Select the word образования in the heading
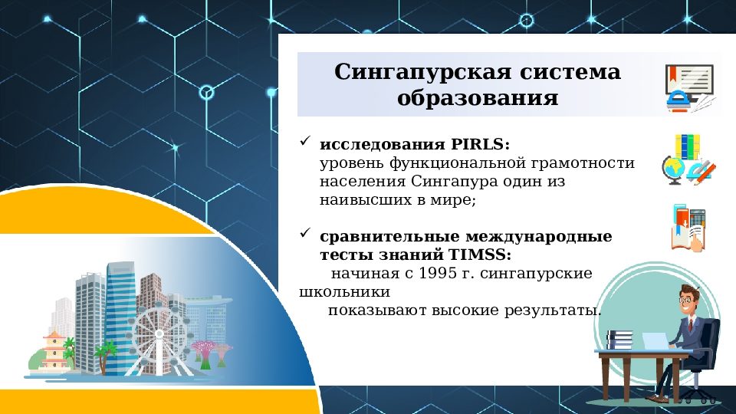[x=477, y=99]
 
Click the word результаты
[x=551, y=310]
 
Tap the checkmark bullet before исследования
[x=304, y=142]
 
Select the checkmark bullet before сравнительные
[x=304, y=233]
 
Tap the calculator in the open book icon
[x=695, y=220]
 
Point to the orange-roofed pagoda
[x=54, y=349]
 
